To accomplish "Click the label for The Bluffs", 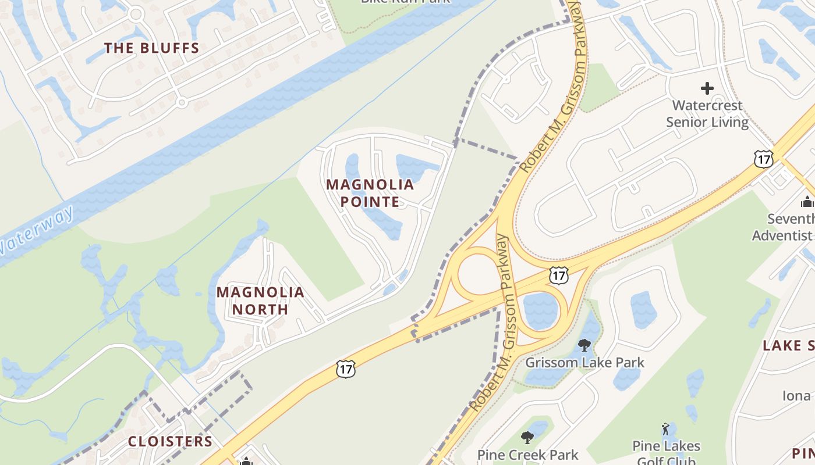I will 151,48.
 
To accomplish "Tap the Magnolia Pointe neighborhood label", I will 370,193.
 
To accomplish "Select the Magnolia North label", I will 260,301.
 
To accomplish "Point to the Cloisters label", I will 171,441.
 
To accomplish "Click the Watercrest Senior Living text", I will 707,113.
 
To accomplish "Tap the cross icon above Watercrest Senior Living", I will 707,88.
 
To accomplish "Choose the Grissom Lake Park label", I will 585,363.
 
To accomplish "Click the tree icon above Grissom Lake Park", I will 584,345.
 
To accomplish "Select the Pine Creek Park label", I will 527,455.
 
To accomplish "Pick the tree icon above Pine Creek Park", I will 527,437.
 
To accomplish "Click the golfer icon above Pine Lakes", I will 665,430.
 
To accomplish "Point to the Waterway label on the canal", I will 38,230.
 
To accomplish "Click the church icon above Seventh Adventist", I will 807,202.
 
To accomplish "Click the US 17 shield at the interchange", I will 558,276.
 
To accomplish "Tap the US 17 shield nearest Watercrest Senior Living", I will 763,159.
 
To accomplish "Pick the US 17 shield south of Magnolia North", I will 345,369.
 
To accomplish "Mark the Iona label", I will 796,396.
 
